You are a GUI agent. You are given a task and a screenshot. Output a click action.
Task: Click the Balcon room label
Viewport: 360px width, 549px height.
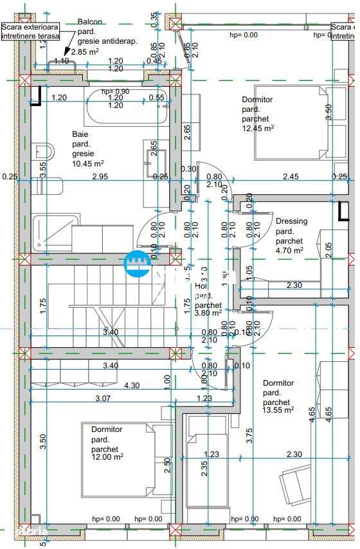[90, 22]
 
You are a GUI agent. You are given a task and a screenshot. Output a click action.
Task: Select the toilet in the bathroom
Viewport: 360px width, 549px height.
[43, 152]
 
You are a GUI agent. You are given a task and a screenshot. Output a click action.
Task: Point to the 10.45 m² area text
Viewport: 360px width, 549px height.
[87, 164]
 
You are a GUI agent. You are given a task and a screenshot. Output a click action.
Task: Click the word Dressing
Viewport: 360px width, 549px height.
[291, 221]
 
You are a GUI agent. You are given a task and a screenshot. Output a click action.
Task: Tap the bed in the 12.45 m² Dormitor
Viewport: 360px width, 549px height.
[292, 122]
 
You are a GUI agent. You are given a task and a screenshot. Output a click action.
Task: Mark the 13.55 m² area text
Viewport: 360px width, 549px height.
[278, 410]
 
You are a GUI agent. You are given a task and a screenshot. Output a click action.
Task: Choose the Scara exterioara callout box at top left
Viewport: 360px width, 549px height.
[30, 32]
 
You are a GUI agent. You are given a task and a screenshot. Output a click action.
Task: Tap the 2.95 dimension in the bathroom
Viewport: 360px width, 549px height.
[100, 176]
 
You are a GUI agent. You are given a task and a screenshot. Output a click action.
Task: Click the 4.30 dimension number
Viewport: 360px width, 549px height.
[132, 386]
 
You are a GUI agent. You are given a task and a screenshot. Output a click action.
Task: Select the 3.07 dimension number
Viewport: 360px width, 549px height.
[103, 398]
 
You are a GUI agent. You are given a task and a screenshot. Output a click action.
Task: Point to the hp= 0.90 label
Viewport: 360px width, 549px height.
[115, 91]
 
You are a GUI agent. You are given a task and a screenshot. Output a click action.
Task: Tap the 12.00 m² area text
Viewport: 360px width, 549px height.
[107, 458]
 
